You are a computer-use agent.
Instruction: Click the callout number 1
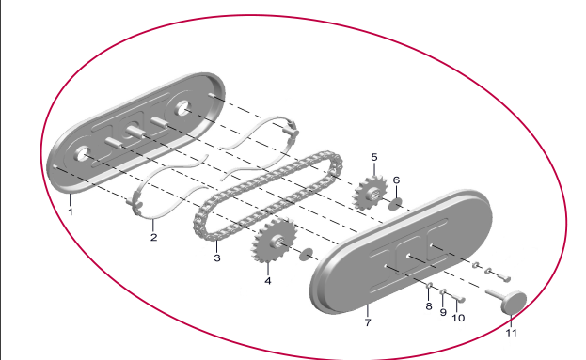(x=71, y=211)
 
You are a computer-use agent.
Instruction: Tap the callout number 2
(x=153, y=237)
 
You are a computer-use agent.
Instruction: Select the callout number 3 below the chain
(x=217, y=258)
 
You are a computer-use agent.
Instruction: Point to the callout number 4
(x=267, y=281)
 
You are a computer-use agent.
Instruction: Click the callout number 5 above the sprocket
(x=374, y=157)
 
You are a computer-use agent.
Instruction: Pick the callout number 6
(x=396, y=180)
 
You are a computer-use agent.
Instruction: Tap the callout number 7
(x=368, y=322)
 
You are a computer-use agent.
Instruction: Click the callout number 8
(x=429, y=306)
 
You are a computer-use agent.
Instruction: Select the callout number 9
(x=443, y=312)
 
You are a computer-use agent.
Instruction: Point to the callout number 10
(x=458, y=318)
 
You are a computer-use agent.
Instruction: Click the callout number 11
(x=511, y=333)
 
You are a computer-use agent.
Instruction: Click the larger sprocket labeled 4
(x=275, y=242)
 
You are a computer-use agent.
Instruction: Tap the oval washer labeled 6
(x=395, y=204)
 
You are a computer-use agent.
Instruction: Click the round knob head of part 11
(x=514, y=303)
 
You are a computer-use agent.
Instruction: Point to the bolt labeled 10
(x=458, y=298)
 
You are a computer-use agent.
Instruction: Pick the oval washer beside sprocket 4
(x=307, y=254)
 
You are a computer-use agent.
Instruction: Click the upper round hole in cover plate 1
(x=182, y=109)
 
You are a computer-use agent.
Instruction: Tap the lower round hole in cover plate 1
(x=82, y=154)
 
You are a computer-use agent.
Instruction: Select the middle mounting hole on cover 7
(x=408, y=257)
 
